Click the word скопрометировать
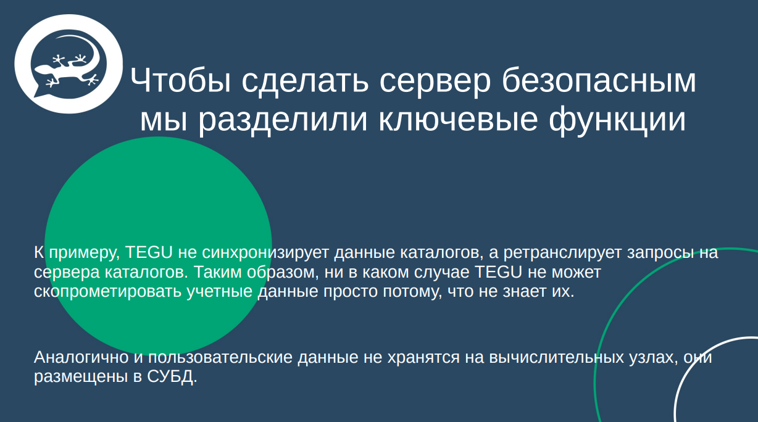pos(108,291)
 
